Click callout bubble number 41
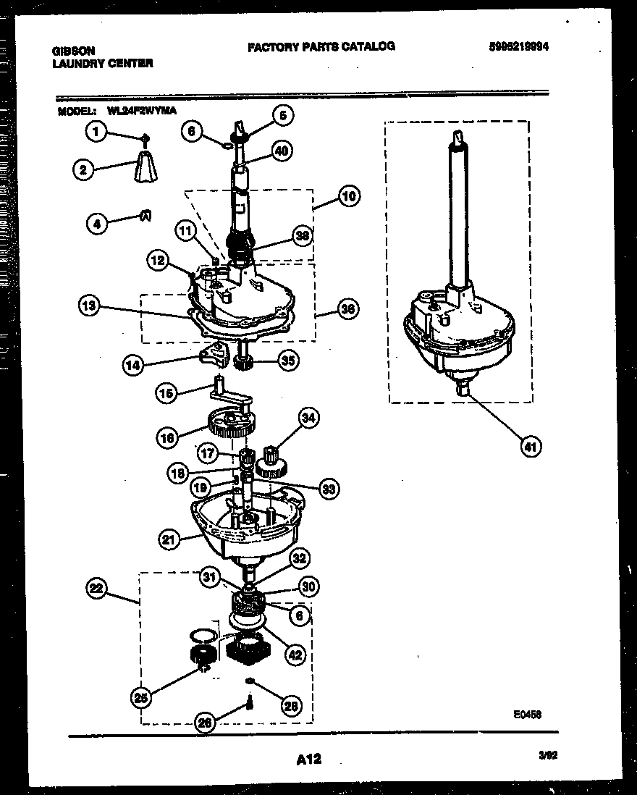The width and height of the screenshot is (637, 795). pos(532,447)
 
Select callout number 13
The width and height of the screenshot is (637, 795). pos(89,306)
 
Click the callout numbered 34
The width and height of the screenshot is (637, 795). pos(309,418)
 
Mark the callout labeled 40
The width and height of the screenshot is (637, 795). pos(282,151)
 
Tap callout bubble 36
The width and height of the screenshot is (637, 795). pos(348,309)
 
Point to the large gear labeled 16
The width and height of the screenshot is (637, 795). pos(229,421)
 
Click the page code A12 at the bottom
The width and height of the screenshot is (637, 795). pos(308,760)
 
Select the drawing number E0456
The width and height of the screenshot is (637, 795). pos(528,714)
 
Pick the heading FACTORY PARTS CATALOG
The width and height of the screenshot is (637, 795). pos(321,46)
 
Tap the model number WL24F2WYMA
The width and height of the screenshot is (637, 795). pos(141,111)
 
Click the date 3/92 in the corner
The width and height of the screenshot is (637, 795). pos(547,756)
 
